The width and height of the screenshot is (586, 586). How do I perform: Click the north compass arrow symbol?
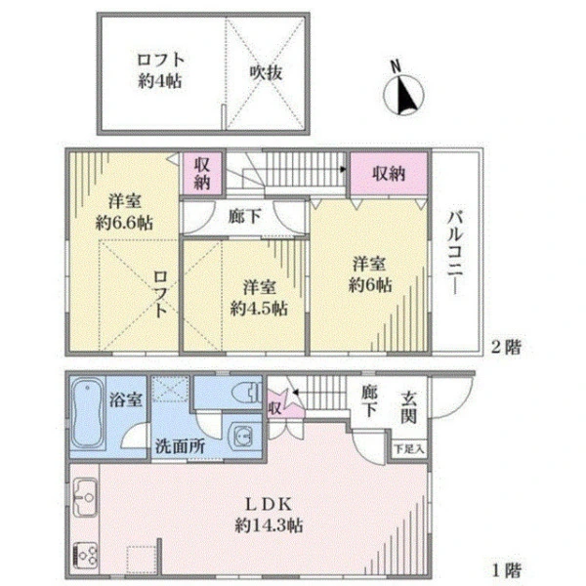pos(403,95)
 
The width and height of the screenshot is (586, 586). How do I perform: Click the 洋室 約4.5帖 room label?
pos(258,297)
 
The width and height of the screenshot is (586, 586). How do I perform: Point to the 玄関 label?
pos(410,406)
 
